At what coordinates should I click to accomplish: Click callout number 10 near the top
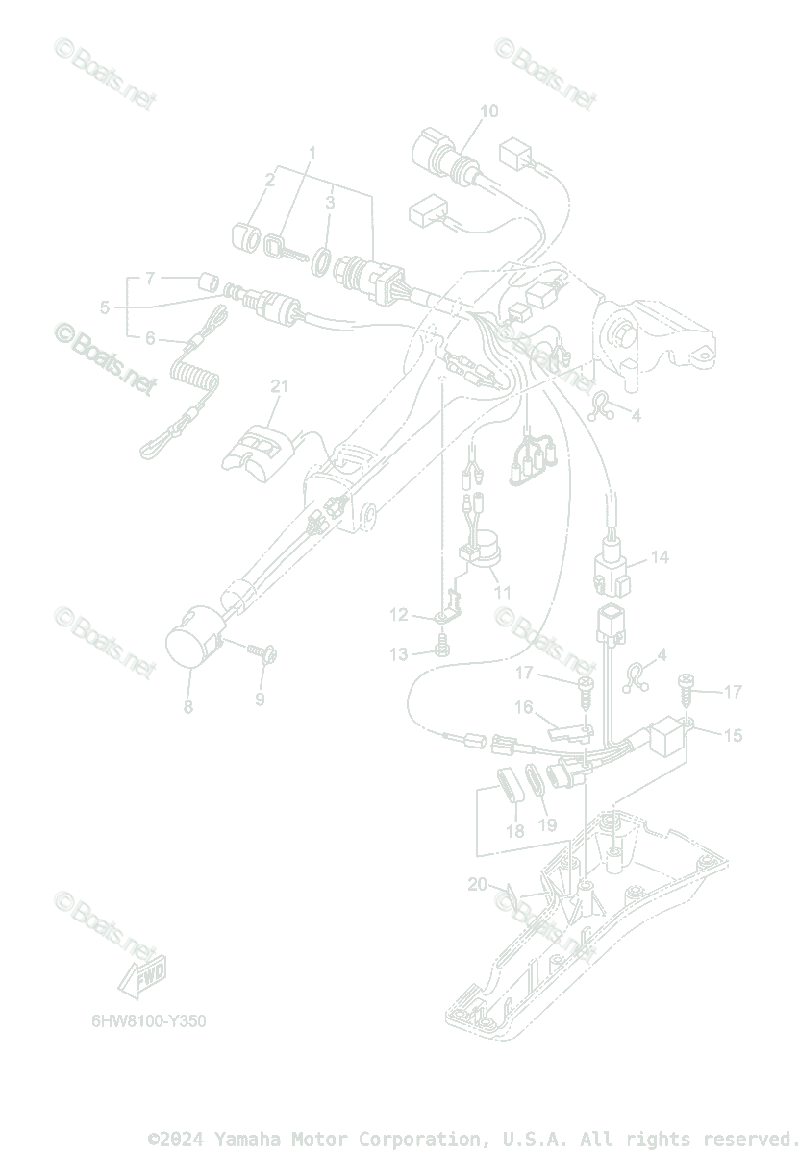(x=488, y=111)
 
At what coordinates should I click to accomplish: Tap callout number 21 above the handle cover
(x=279, y=387)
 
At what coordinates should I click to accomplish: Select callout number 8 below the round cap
(x=188, y=707)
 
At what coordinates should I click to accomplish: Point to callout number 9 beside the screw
(x=260, y=699)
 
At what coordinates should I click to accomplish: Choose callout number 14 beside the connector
(x=659, y=557)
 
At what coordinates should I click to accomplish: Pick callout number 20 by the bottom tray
(x=478, y=885)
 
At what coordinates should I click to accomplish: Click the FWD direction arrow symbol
(x=141, y=976)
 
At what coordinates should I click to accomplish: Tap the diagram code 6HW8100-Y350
(x=143, y=1020)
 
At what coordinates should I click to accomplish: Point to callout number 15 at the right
(x=733, y=735)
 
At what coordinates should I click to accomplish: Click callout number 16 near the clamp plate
(x=523, y=708)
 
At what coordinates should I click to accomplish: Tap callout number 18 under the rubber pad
(x=515, y=831)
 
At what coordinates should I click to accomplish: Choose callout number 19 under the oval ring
(x=547, y=825)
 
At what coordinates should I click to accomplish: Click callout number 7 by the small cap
(x=149, y=279)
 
